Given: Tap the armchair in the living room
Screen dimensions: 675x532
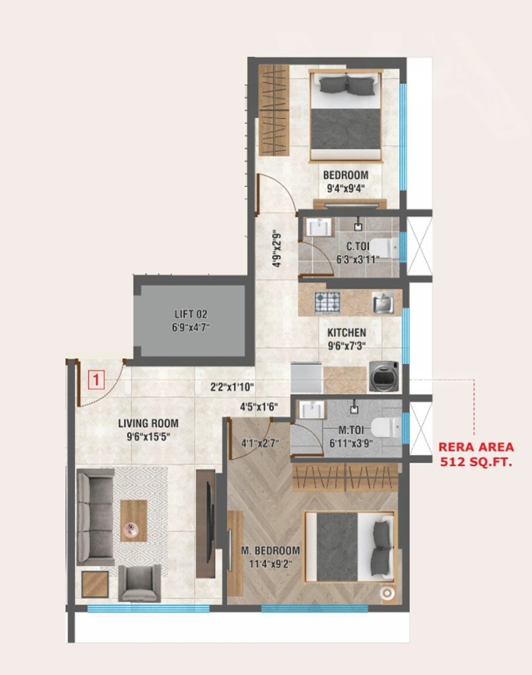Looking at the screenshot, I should pos(139,583).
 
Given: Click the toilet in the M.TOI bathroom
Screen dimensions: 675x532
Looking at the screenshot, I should pos(389,427).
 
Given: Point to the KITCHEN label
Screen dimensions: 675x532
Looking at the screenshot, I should pos(346,333).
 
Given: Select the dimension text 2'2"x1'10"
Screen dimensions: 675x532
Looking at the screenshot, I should pos(232,387).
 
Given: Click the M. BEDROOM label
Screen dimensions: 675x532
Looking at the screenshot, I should pos(270,551).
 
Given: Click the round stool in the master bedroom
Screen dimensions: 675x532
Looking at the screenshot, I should pos(387,593).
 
